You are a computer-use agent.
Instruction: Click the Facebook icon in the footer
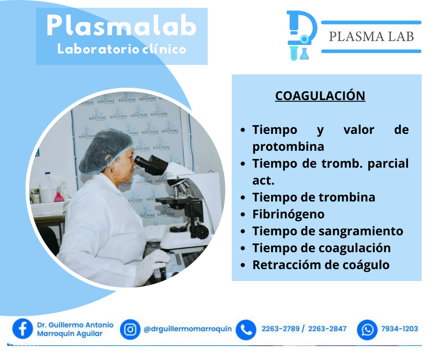pyautogui.click(x=22, y=329)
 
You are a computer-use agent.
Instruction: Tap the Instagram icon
pyautogui.click(x=130, y=329)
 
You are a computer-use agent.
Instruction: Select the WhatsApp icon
pyautogui.click(x=367, y=329)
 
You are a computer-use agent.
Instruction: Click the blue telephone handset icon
pyautogui.click(x=246, y=329)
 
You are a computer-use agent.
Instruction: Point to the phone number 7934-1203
pyautogui.click(x=399, y=329)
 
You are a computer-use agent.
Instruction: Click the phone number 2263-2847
pyautogui.click(x=327, y=329)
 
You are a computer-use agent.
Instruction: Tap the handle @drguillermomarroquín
pyautogui.click(x=188, y=329)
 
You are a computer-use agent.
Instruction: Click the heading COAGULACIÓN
pyautogui.click(x=320, y=96)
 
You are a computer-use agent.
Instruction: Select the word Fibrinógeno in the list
pyautogui.click(x=288, y=215)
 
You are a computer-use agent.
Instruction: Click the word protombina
pyautogui.click(x=288, y=147)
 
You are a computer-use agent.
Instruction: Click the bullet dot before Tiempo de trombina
pyautogui.click(x=243, y=197)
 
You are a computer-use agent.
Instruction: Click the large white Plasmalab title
pyautogui.click(x=122, y=26)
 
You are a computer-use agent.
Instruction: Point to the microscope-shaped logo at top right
pyautogui.click(x=302, y=36)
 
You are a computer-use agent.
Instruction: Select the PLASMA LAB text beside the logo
pyautogui.click(x=371, y=37)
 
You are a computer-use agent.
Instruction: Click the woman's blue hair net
pyautogui.click(x=105, y=151)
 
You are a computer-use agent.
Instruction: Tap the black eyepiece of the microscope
pyautogui.click(x=151, y=164)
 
